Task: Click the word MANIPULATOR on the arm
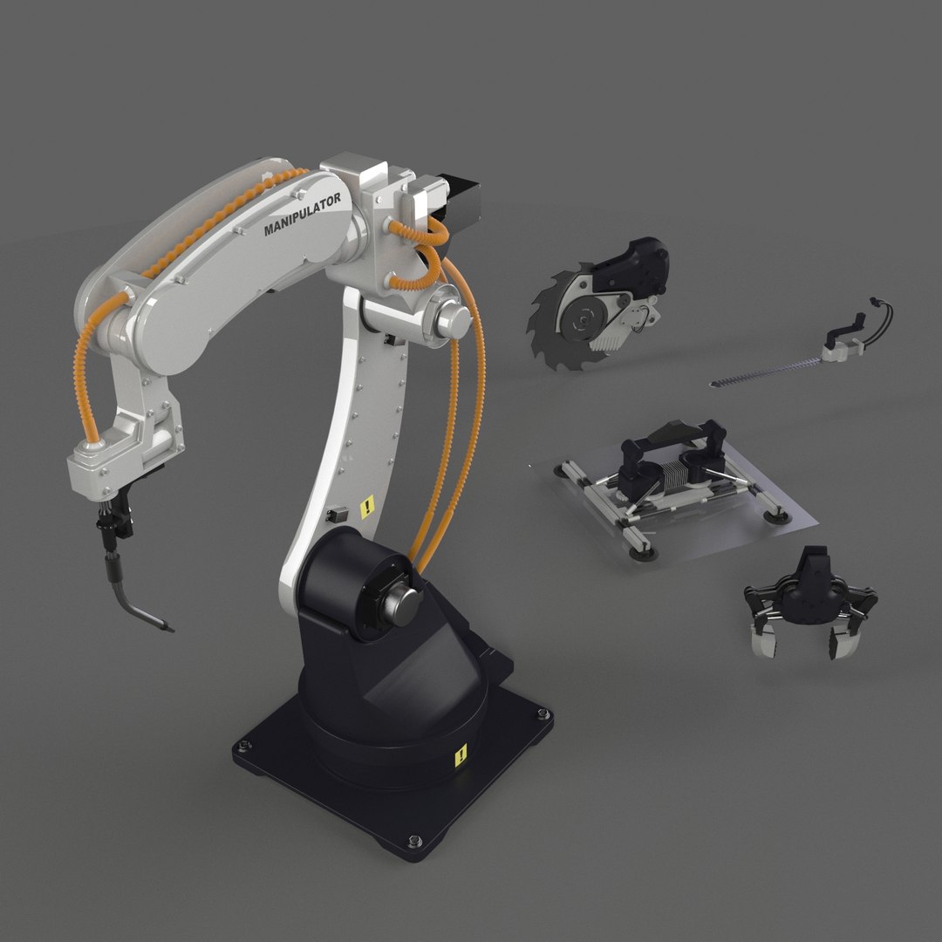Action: click(x=303, y=215)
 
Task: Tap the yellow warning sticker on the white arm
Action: click(x=368, y=506)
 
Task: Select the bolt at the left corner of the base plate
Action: click(x=242, y=746)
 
